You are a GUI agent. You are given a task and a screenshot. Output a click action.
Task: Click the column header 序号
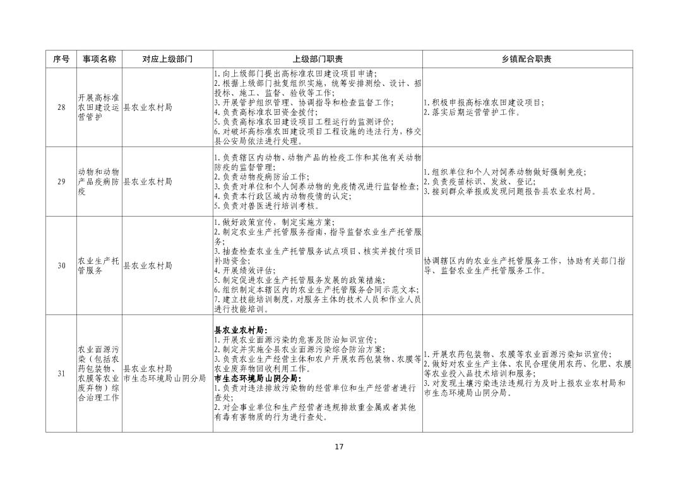[61, 59]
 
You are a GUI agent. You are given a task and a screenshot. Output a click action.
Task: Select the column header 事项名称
[99, 59]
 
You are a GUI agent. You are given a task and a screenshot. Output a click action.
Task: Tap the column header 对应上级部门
[167, 59]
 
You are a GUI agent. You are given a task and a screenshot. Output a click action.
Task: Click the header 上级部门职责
[318, 59]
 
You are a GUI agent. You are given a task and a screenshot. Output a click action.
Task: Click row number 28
[61, 107]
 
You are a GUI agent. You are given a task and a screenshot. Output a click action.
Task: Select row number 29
[61, 182]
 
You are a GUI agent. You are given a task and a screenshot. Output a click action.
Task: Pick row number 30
[61, 266]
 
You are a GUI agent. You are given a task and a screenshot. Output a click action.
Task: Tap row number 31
[61, 373]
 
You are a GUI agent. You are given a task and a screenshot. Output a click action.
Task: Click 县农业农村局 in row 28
[148, 107]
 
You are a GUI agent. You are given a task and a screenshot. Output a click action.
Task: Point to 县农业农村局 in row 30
[148, 266]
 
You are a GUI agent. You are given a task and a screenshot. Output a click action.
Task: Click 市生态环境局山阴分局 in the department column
[165, 378]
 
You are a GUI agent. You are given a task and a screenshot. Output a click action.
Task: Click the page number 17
[339, 447]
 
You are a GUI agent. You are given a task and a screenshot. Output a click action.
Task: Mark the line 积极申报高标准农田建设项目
[484, 103]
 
